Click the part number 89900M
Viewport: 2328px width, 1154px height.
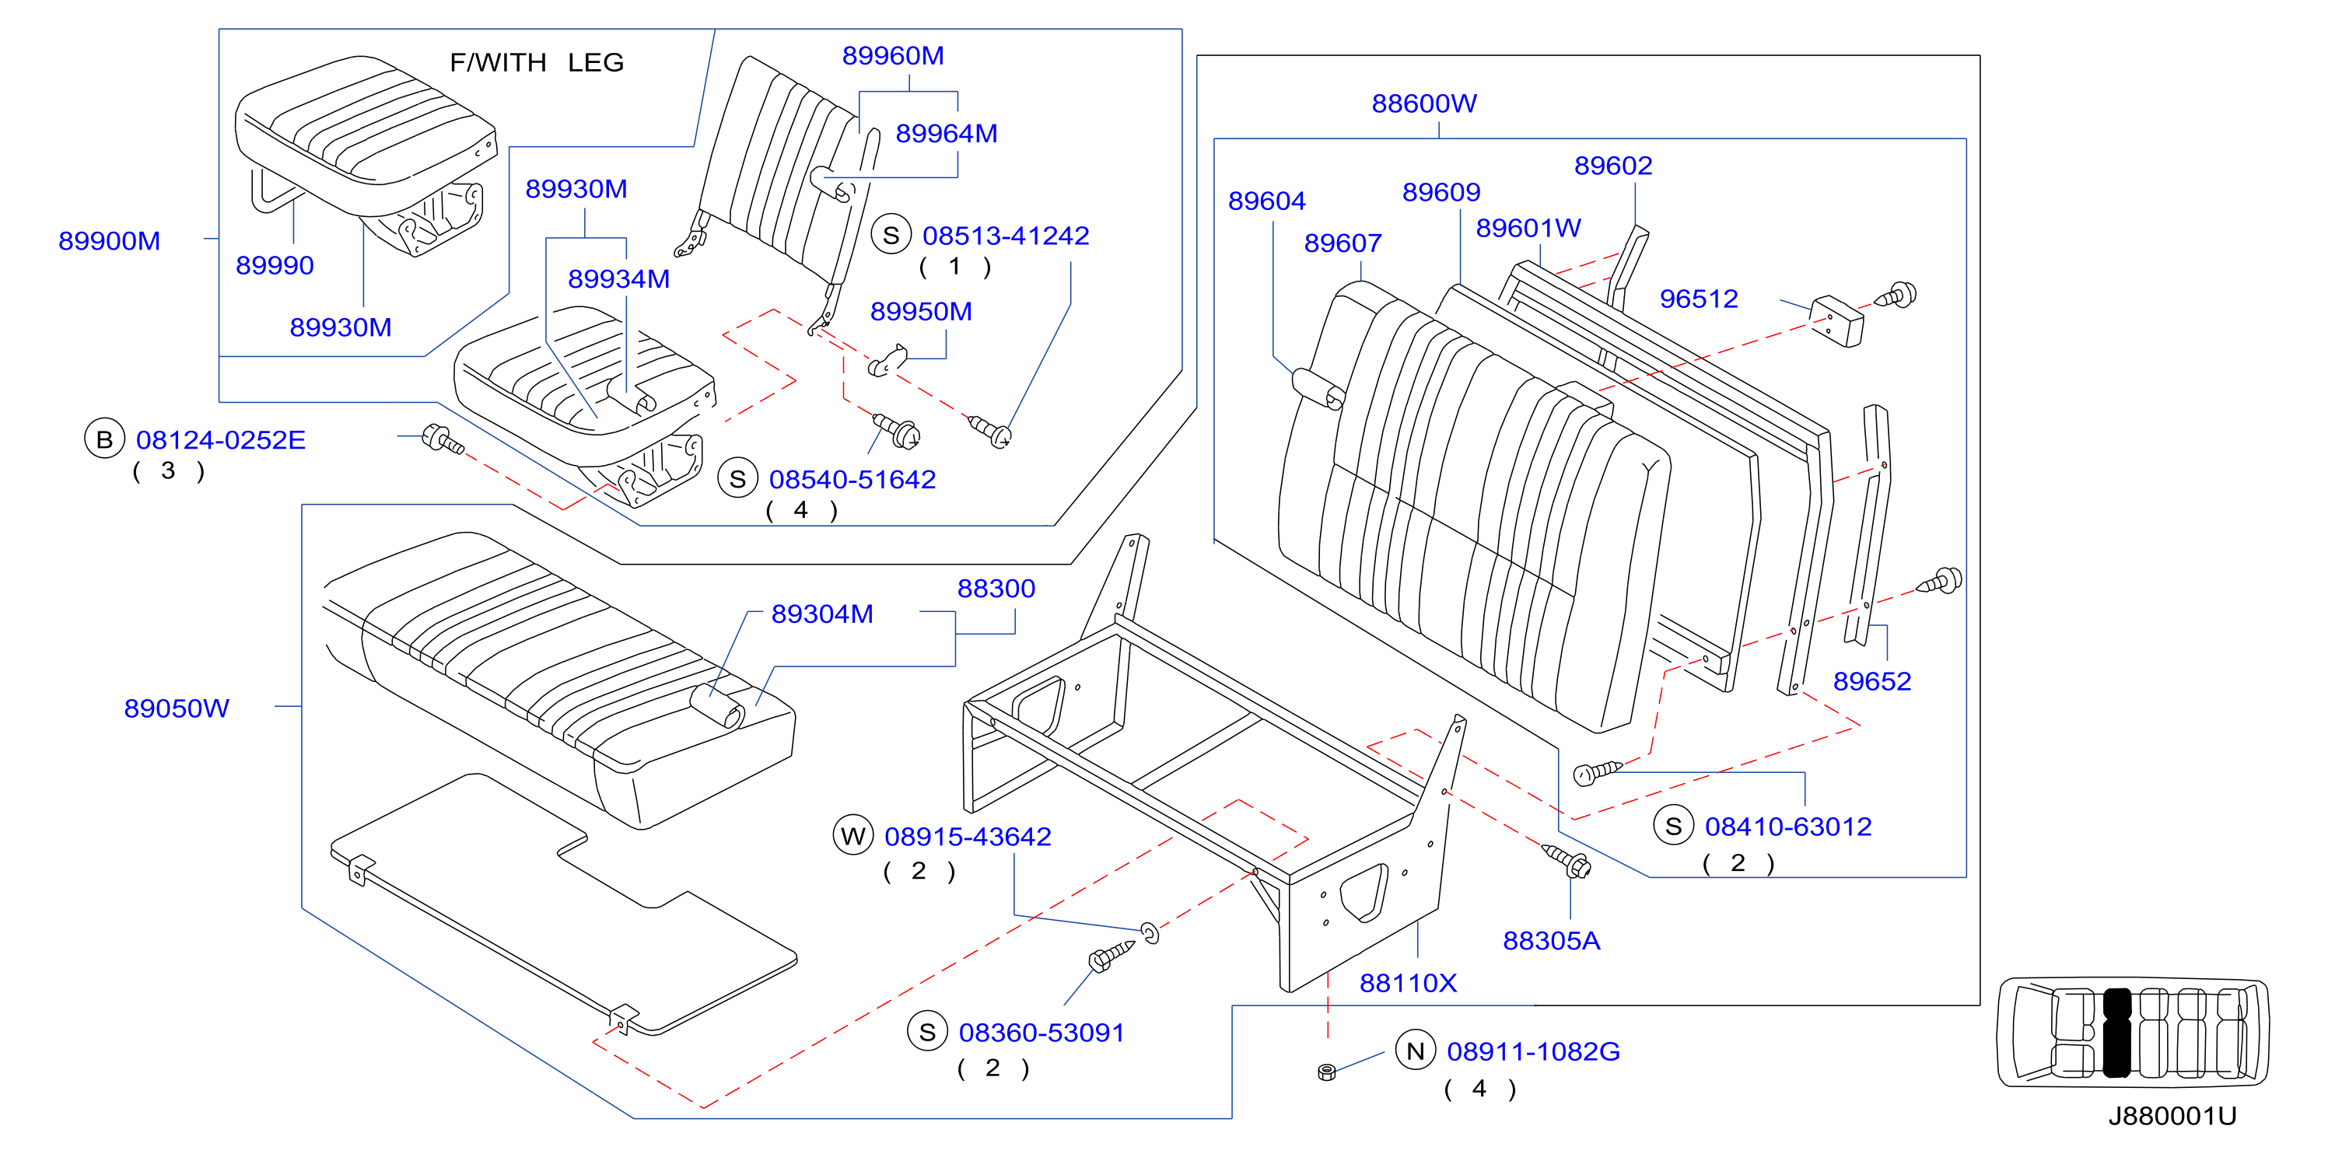coord(110,241)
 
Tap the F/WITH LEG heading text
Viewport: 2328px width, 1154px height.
coord(537,62)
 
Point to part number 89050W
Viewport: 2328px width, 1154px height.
coord(177,708)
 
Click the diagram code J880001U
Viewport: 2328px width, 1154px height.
coord(2172,1116)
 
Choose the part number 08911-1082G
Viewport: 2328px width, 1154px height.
coord(1533,1052)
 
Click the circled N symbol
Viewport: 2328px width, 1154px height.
coord(1416,1051)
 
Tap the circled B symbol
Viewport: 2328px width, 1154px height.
coord(105,439)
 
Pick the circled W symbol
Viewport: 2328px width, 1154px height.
coord(853,836)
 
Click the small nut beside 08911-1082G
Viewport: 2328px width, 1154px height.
coord(1327,1072)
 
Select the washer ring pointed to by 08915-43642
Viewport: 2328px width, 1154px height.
coord(1150,932)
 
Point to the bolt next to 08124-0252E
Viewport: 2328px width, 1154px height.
coord(443,439)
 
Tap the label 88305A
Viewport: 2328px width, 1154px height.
coord(1551,942)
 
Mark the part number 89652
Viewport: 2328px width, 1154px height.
coord(1871,681)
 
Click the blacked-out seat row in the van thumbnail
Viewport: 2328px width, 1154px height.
coord(2116,1032)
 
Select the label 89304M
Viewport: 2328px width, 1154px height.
coord(821,614)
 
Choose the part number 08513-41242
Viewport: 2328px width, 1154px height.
coord(1005,236)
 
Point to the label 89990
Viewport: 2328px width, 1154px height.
coord(275,266)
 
